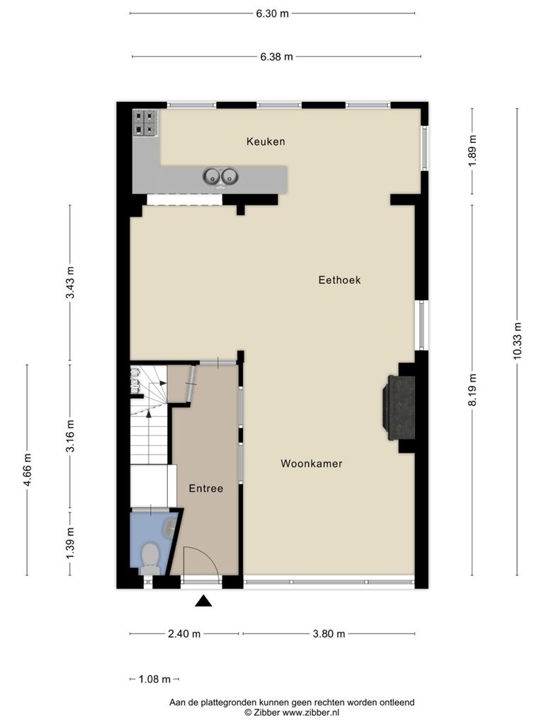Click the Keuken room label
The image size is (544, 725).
[x=266, y=142]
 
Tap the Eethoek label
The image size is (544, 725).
[x=339, y=280]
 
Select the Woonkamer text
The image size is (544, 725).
[x=312, y=463]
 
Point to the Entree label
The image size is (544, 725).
[x=206, y=489]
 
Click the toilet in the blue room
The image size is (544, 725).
[x=149, y=558]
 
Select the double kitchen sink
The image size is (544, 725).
[x=220, y=176]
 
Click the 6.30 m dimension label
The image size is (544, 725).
[x=273, y=13]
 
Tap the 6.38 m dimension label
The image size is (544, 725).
[x=276, y=57]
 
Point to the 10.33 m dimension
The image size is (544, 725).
[x=516, y=341]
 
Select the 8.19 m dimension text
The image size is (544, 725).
[x=472, y=390]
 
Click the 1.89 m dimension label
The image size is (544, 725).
[x=472, y=152]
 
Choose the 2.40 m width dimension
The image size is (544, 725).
[x=184, y=634]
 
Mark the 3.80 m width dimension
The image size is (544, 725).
[x=329, y=634]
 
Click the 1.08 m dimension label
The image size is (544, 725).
[x=154, y=679]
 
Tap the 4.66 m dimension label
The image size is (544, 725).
[x=27, y=470]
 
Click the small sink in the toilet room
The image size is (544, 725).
[x=170, y=526]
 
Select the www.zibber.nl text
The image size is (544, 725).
[x=311, y=712]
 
